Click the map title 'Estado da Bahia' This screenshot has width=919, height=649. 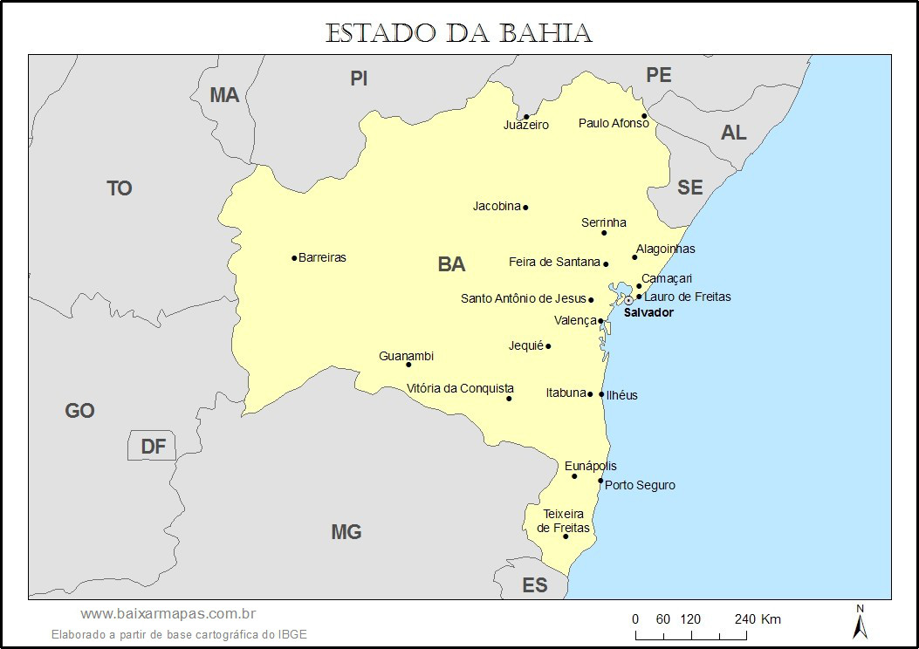[459, 33]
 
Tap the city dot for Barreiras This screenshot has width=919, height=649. [294, 257]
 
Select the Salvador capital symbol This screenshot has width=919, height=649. [628, 300]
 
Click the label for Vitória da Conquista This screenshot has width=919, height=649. [460, 388]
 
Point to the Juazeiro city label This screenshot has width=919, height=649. [526, 125]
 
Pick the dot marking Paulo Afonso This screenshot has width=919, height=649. [644, 116]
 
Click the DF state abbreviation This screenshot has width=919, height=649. [154, 447]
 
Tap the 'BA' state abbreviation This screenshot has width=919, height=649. [451, 264]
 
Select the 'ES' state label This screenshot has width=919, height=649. [534, 584]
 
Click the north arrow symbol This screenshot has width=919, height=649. [859, 622]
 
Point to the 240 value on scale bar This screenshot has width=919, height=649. [744, 619]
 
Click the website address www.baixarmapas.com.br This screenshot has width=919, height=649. [168, 615]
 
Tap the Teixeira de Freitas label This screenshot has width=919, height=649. [563, 521]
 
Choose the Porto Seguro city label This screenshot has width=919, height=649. [640, 485]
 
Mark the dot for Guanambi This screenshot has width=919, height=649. [408, 365]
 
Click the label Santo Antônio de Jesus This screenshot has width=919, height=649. [524, 298]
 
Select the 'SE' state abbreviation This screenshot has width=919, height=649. [689, 187]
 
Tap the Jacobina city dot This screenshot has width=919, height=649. [525, 208]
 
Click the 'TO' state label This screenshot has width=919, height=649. [120, 188]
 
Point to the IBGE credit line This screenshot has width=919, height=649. [179, 634]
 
